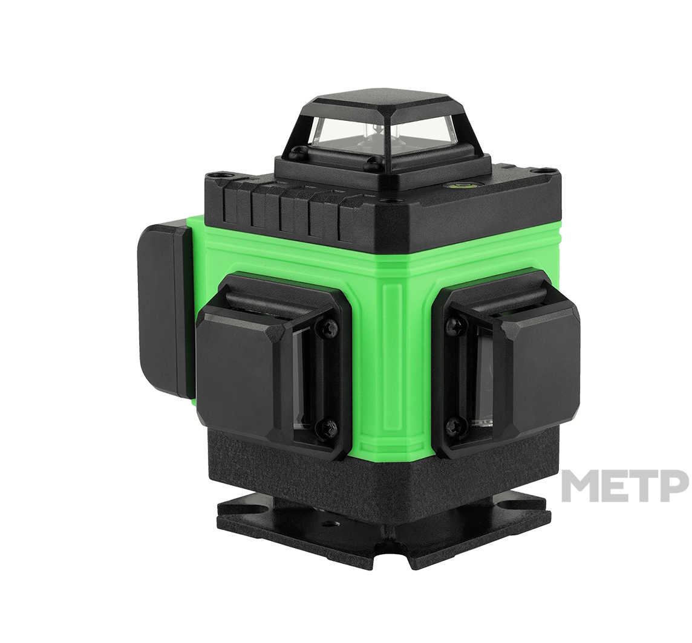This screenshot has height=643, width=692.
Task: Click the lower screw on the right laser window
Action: [453, 427]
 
